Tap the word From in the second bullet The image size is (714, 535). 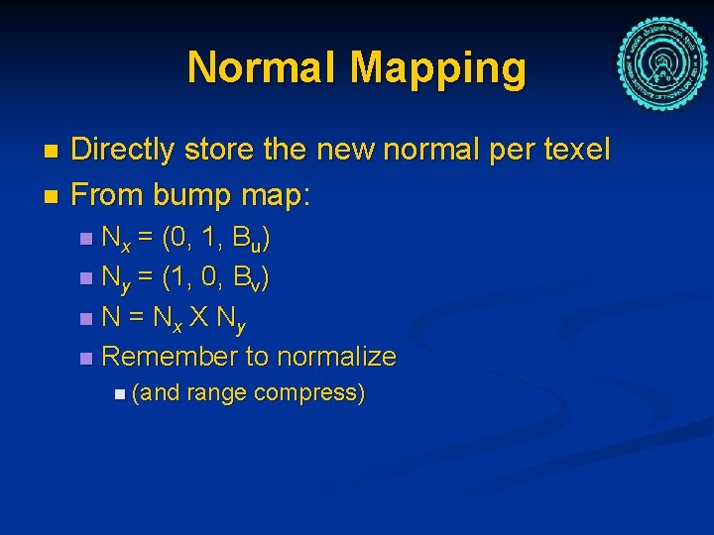105,196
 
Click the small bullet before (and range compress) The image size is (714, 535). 119,394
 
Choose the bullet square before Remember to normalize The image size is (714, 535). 87,357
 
